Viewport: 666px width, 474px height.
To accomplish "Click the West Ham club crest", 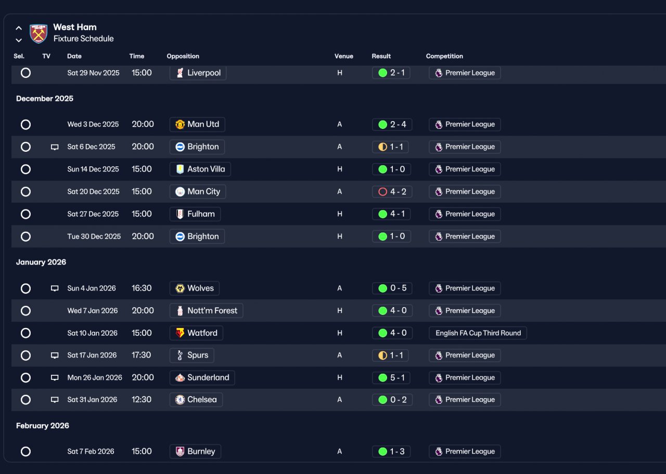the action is tap(39, 34).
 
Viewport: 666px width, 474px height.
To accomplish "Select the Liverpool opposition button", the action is tap(198, 73).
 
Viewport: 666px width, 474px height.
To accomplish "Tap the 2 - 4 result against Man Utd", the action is tap(392, 124).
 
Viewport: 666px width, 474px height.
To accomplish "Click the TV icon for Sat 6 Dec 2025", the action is tap(55, 147).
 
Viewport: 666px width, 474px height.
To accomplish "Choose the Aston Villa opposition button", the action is tap(200, 169).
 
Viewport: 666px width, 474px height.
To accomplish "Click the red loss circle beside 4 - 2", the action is tap(382, 192).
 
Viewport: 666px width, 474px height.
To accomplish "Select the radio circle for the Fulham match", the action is tap(25, 214).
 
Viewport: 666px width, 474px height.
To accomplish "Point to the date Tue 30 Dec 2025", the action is tap(94, 236).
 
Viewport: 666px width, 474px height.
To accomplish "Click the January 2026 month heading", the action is tap(41, 262).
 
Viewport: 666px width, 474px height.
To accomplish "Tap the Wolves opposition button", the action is tap(195, 288).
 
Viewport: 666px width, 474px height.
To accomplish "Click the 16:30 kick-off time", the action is tap(142, 288).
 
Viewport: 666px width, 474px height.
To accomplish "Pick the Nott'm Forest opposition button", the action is tap(206, 311).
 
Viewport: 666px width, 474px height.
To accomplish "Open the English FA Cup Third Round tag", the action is tap(478, 333).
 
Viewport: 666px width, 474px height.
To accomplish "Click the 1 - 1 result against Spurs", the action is tap(390, 355).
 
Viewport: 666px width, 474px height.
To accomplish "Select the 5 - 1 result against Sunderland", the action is tap(391, 378).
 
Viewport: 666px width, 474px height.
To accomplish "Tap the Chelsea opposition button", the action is tap(196, 400).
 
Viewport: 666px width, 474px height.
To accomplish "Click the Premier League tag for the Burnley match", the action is tap(465, 452).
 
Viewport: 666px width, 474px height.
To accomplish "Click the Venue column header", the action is tap(344, 56).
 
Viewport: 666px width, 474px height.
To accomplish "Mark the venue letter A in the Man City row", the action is tap(340, 192).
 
